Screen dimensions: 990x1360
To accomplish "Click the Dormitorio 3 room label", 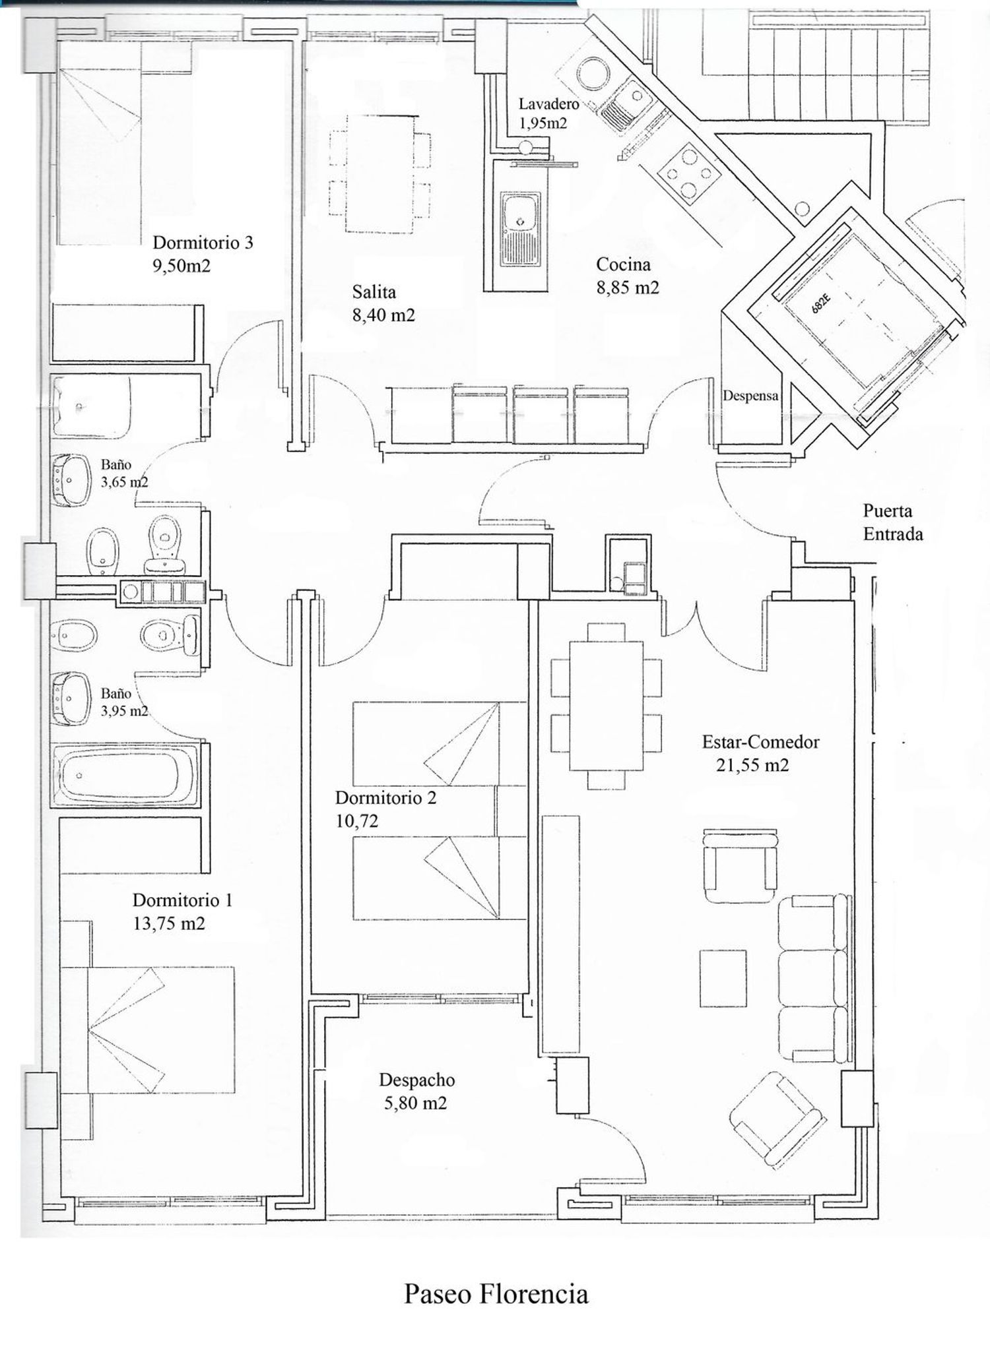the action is (x=203, y=243).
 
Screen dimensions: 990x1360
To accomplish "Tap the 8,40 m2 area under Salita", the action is (x=383, y=315).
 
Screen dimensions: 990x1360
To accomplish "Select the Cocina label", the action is (x=623, y=264).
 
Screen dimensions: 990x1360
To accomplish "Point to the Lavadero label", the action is (x=548, y=104).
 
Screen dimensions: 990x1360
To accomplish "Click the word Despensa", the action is (x=750, y=396).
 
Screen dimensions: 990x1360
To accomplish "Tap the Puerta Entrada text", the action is (x=893, y=522).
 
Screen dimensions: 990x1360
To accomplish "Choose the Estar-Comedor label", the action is (x=760, y=741).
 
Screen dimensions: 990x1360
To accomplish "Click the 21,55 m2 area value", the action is (x=752, y=765).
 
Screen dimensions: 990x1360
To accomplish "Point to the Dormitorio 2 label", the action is (x=385, y=797).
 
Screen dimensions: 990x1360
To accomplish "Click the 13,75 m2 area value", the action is (x=169, y=923).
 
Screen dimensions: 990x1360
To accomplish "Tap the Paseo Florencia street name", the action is (x=496, y=1294).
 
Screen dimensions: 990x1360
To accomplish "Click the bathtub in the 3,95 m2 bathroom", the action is (x=126, y=775).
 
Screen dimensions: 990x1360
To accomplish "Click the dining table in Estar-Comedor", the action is (x=606, y=706).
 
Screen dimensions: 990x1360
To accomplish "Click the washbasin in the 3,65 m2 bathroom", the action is (x=71, y=480).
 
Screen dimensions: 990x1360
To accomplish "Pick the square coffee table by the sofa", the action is (x=723, y=978).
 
